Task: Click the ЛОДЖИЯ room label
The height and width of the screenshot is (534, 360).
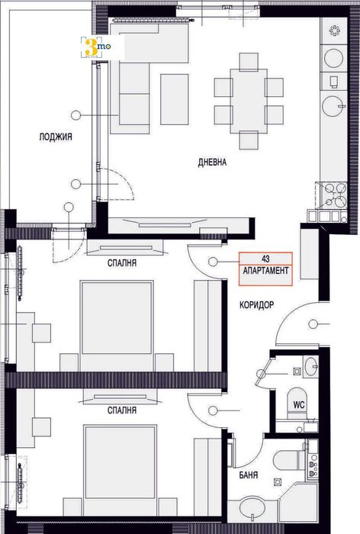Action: click(56, 137)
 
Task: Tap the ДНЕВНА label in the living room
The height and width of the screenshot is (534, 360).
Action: click(212, 162)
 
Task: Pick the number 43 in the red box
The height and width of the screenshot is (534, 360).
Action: click(265, 260)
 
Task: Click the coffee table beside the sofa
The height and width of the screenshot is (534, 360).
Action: click(174, 98)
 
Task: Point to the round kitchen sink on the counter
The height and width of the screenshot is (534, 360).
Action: click(335, 105)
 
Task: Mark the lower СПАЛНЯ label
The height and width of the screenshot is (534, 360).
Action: click(122, 410)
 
